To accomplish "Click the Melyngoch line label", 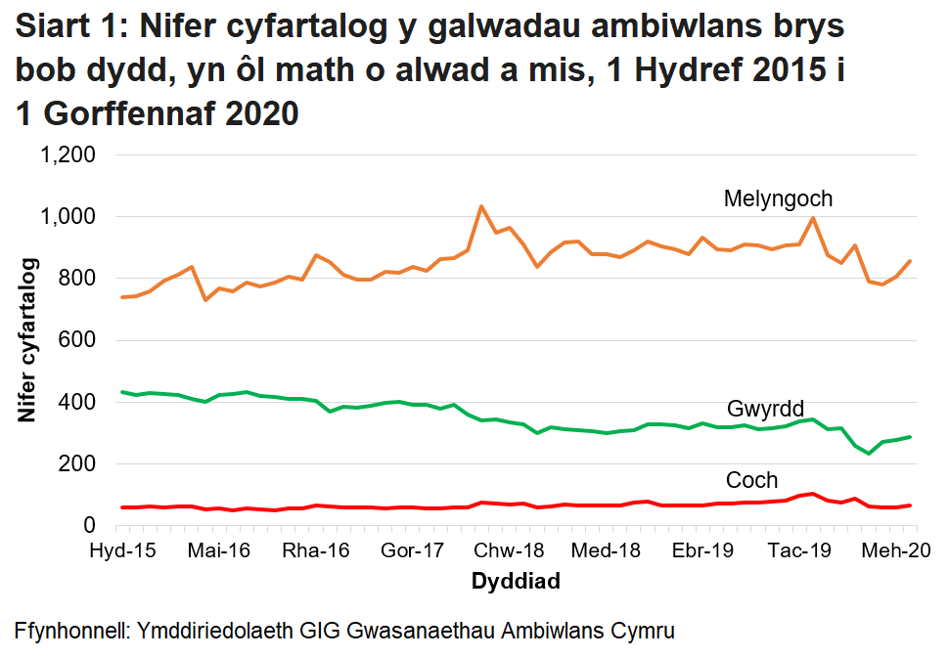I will pos(778,198).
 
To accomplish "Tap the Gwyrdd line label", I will pos(765,409).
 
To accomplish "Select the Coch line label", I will pos(751,480).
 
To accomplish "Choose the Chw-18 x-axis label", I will pos(516,550).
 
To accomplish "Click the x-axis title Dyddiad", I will pos(516,583).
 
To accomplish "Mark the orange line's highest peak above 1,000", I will pos(481,206).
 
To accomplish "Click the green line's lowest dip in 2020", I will pos(868,454).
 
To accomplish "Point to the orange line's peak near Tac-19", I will pos(813,218).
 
